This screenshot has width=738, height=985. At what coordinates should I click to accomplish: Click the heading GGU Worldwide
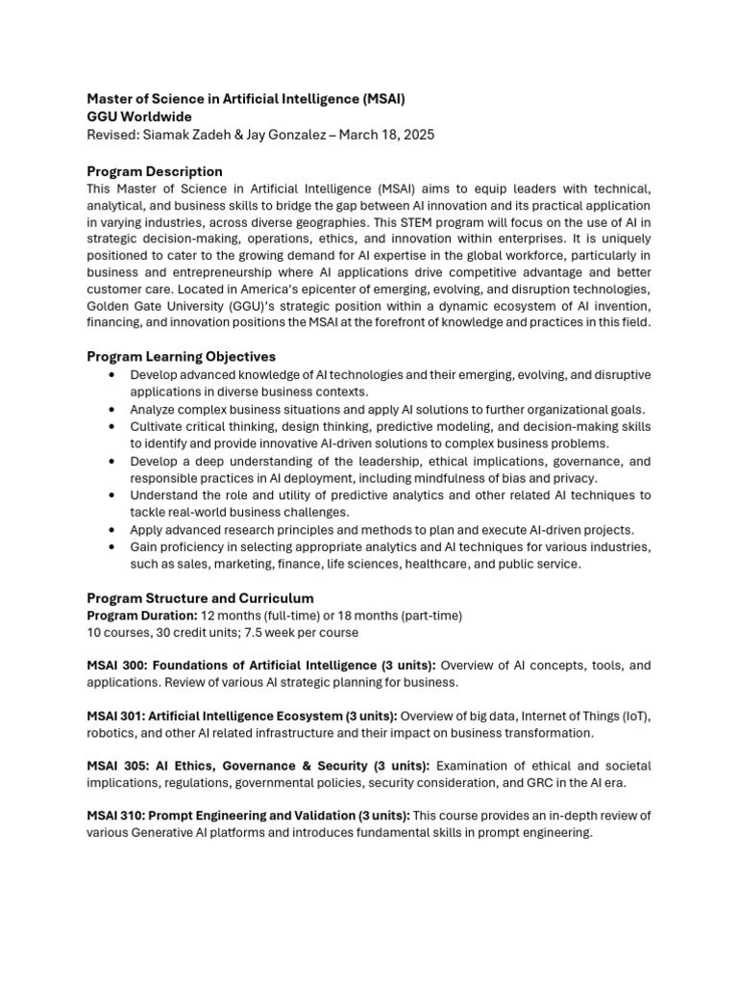coord(139,116)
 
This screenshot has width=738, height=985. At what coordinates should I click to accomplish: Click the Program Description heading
coord(155,171)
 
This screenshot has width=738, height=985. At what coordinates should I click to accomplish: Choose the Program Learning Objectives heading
coord(182,356)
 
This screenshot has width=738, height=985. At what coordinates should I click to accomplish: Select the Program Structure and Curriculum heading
coord(200,597)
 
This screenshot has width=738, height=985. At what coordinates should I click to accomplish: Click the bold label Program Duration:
coord(142,615)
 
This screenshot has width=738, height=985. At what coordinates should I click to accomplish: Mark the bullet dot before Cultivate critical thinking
coord(113,426)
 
